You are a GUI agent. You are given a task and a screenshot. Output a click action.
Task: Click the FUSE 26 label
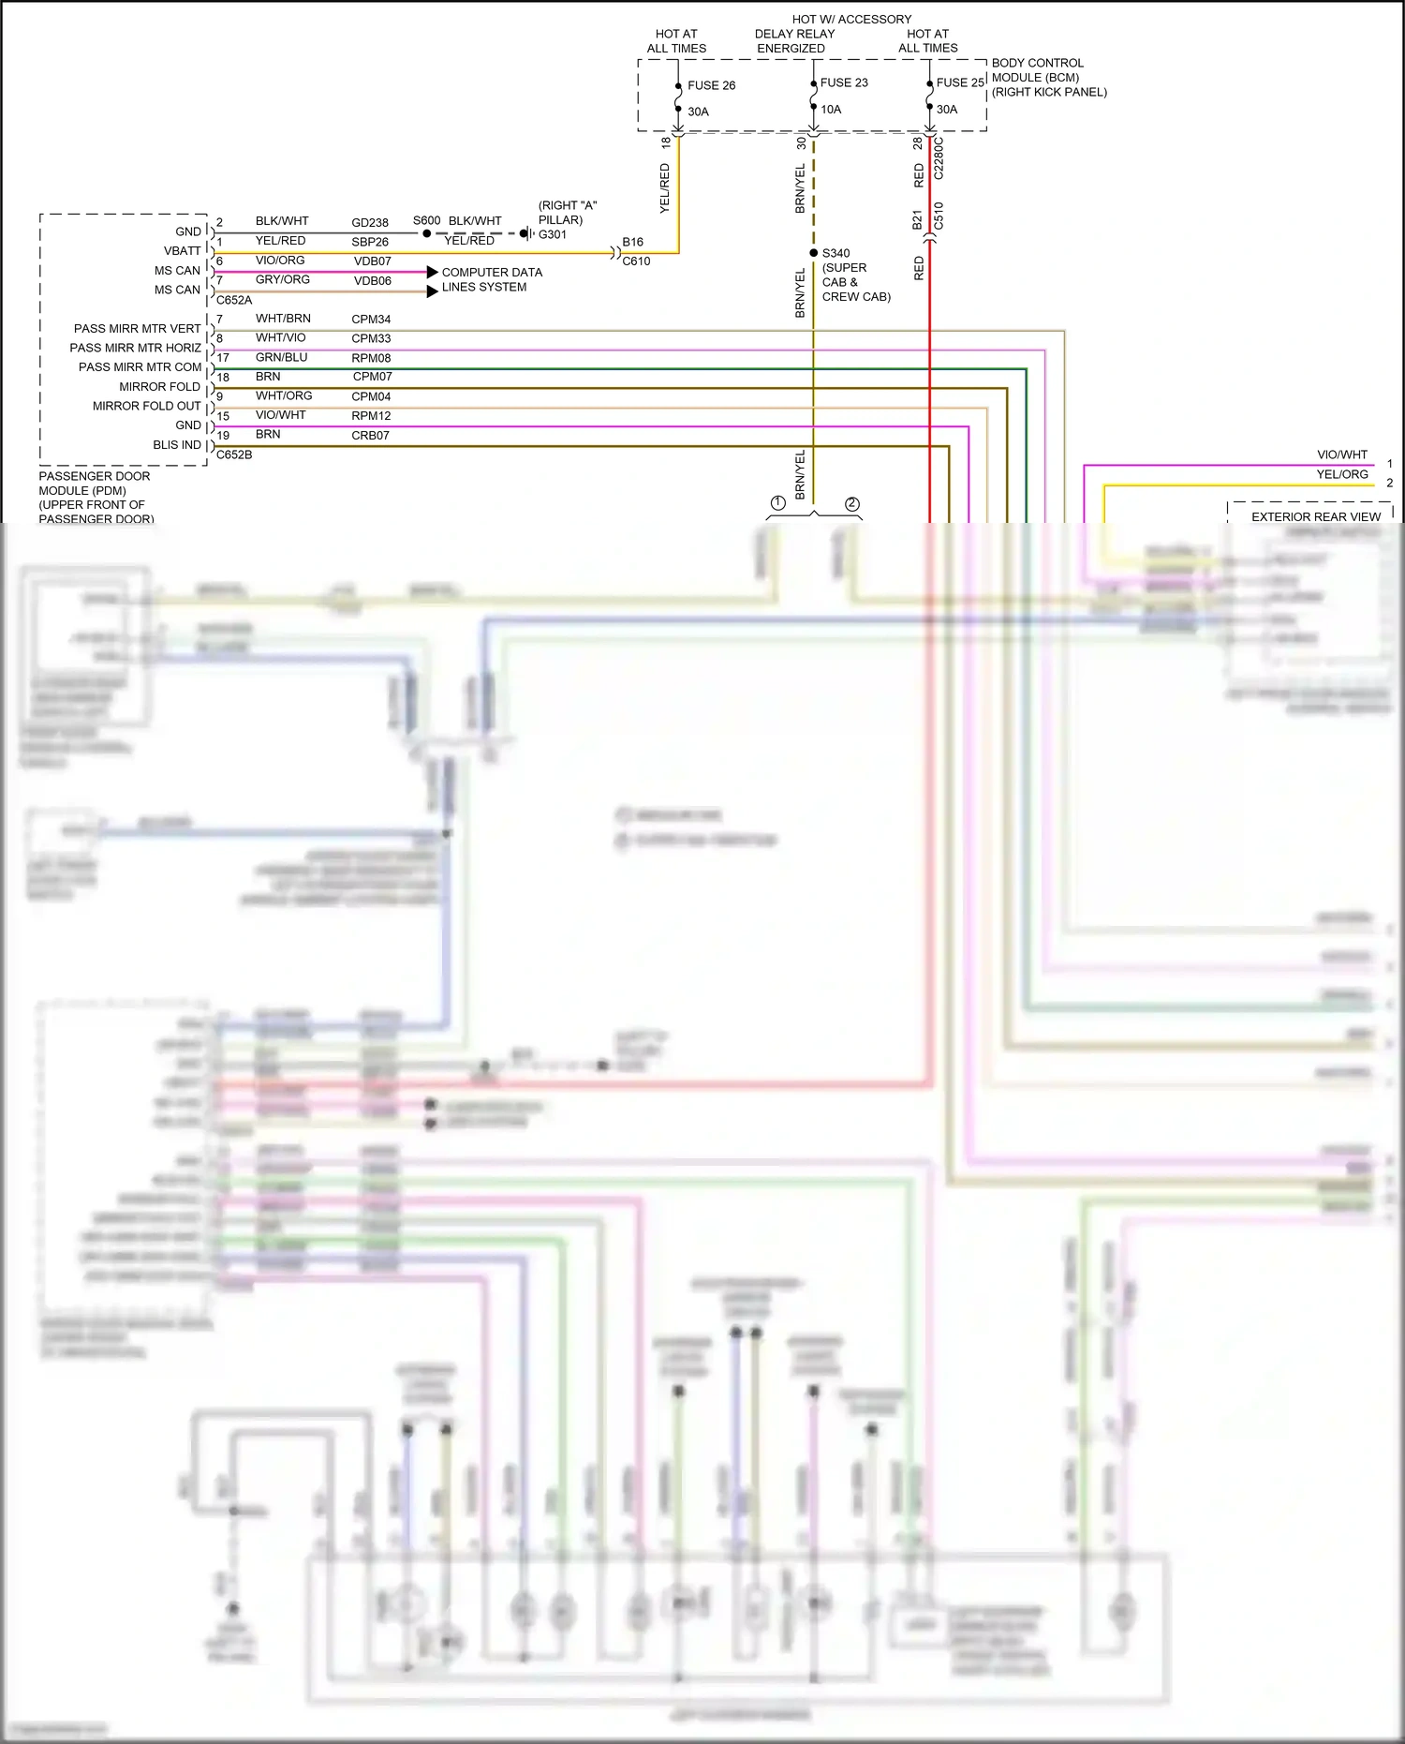pos(711,85)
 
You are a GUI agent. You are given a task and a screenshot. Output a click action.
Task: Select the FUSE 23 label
pos(844,82)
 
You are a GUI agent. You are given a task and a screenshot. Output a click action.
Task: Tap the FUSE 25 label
pos(960,82)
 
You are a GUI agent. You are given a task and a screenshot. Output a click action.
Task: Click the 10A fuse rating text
pos(831,109)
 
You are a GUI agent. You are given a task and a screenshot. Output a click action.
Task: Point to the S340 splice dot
pos(814,253)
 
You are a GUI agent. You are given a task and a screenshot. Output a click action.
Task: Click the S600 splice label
pos(426,220)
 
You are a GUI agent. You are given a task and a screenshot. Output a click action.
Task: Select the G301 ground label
pos(553,234)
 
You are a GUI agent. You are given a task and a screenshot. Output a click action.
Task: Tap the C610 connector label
pos(636,261)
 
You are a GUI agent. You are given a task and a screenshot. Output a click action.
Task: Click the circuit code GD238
pos(370,223)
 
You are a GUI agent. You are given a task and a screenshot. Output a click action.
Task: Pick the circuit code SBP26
pos(370,242)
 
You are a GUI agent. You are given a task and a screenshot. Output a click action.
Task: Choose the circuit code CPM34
pos(371,320)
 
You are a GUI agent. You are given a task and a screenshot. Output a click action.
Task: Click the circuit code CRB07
pos(370,436)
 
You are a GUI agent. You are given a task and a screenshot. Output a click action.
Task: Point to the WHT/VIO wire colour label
pos(281,337)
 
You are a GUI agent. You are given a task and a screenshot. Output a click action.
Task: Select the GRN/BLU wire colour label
pos(281,357)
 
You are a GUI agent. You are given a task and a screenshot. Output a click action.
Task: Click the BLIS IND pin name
pos(177,445)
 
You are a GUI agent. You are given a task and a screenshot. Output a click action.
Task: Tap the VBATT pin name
pos(183,251)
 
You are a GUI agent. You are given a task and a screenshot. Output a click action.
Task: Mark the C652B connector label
pos(234,455)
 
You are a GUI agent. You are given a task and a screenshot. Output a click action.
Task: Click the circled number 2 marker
pos(851,504)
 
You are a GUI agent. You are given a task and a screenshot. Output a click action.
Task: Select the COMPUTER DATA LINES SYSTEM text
pos(491,279)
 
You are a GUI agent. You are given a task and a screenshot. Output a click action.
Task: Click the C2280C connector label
pos(939,158)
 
